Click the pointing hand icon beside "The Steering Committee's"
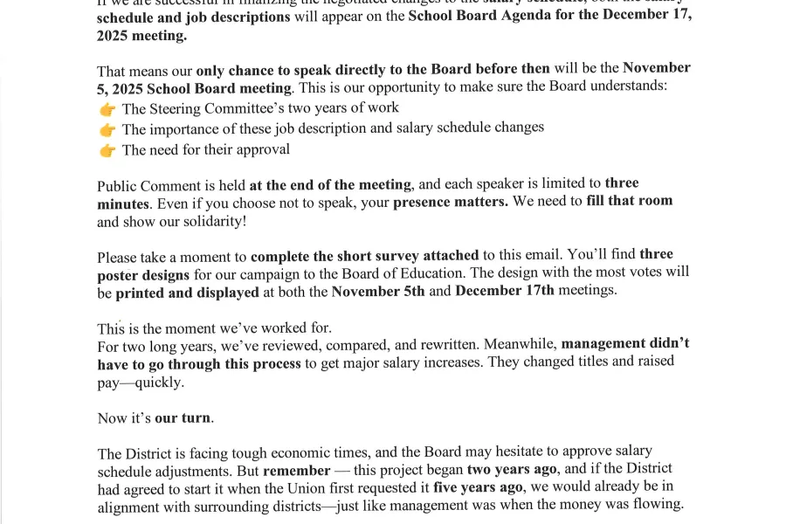tap(107, 109)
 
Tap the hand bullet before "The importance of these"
tap(107, 129)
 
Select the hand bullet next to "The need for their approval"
tap(107, 150)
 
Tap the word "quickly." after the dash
tap(159, 383)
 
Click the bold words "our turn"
tap(183, 418)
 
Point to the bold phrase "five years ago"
tap(479, 487)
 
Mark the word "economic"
tap(300, 452)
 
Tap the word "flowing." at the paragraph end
tap(657, 505)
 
